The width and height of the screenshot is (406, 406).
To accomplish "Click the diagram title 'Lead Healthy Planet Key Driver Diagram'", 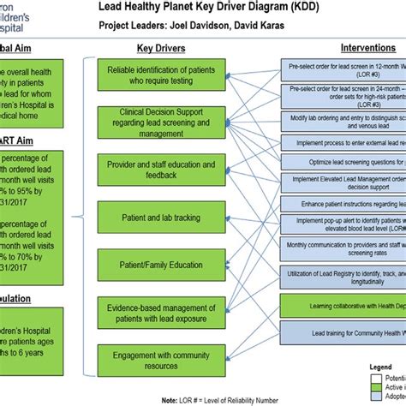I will (x=230, y=8).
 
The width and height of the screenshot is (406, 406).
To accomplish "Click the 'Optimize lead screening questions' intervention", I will (x=343, y=161).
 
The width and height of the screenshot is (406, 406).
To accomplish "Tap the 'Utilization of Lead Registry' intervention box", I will (x=343, y=276).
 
